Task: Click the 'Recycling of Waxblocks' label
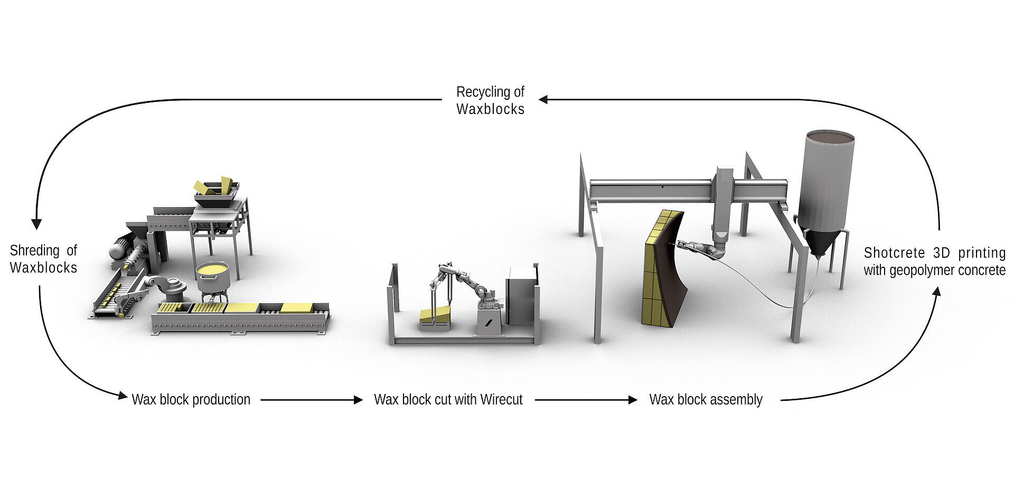tap(490, 100)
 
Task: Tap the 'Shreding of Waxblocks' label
tap(43, 259)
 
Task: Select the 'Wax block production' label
tap(191, 400)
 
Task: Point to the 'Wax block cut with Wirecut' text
tap(448, 400)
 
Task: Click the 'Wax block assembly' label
tap(706, 400)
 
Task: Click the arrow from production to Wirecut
tap(312, 400)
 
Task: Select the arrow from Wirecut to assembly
tap(586, 400)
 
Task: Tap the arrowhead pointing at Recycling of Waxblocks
tap(543, 99)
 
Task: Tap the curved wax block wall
tap(664, 268)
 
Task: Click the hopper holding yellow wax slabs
tap(217, 192)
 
